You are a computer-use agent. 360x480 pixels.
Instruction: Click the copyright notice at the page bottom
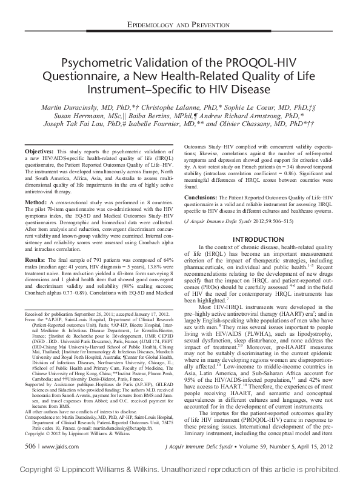(180, 469)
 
